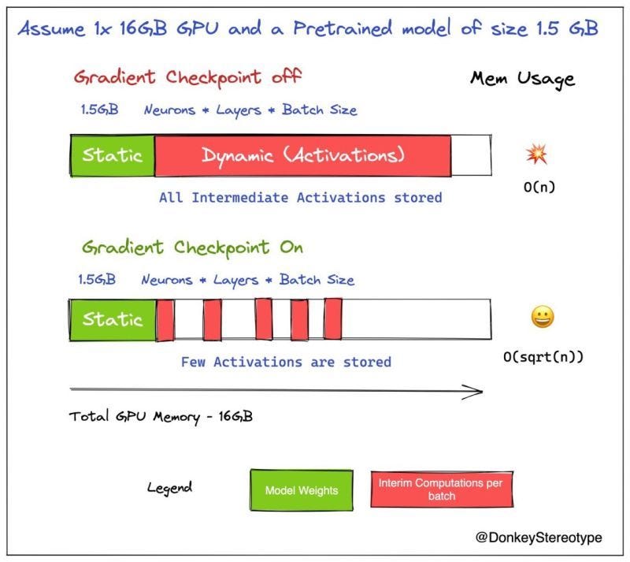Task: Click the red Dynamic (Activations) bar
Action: point(302,155)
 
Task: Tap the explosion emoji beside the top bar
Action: point(536,154)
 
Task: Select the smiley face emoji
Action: point(542,317)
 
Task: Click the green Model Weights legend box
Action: point(301,490)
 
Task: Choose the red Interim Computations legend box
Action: point(441,489)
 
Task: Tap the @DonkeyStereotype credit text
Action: point(539,538)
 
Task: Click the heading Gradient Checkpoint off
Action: point(187,77)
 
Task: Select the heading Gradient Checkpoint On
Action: point(192,247)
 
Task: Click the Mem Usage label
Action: point(522,79)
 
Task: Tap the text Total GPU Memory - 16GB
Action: point(161,417)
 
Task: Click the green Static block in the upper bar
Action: point(113,155)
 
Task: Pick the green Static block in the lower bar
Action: point(113,319)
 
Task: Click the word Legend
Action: point(169,488)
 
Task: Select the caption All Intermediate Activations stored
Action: point(300,197)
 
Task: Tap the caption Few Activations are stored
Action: point(286,363)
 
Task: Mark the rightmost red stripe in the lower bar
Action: point(333,319)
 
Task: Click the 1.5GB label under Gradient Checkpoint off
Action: point(98,110)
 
